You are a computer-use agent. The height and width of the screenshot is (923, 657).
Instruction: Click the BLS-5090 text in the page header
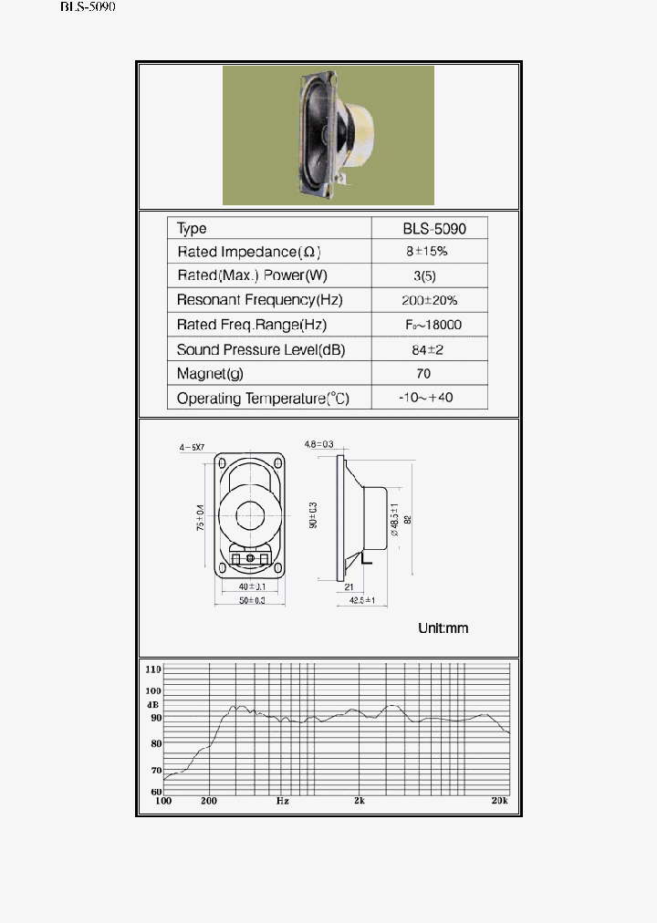(x=88, y=6)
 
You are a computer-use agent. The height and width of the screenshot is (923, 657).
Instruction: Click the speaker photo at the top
(x=328, y=135)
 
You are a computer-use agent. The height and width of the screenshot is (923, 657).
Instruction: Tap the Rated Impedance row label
(x=248, y=252)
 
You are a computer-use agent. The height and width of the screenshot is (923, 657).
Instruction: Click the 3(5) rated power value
(x=422, y=275)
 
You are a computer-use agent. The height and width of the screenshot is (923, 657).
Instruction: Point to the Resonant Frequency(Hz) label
(x=259, y=300)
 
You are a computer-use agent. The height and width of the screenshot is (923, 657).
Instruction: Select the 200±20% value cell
(x=430, y=300)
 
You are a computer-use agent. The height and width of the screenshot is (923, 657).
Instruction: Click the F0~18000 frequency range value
(x=433, y=325)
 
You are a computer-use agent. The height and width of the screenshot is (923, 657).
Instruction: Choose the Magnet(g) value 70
(x=422, y=373)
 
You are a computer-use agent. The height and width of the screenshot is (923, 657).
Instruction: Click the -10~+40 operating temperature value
(x=427, y=398)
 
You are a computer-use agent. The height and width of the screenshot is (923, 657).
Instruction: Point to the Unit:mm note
(x=443, y=628)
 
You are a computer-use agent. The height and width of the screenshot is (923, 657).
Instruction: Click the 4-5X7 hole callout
(x=193, y=447)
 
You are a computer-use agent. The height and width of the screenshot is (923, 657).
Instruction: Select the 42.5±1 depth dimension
(x=363, y=600)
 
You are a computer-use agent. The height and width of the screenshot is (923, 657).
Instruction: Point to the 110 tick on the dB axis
(x=152, y=669)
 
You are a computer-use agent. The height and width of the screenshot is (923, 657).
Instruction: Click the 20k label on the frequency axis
(x=498, y=801)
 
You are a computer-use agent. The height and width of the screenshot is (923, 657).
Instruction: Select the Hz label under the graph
(x=283, y=801)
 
